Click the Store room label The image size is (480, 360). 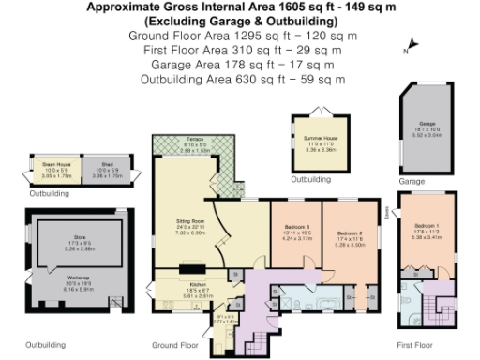(x=82, y=242)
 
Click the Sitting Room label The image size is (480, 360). (x=190, y=225)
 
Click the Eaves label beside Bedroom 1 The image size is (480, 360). (x=387, y=215)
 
